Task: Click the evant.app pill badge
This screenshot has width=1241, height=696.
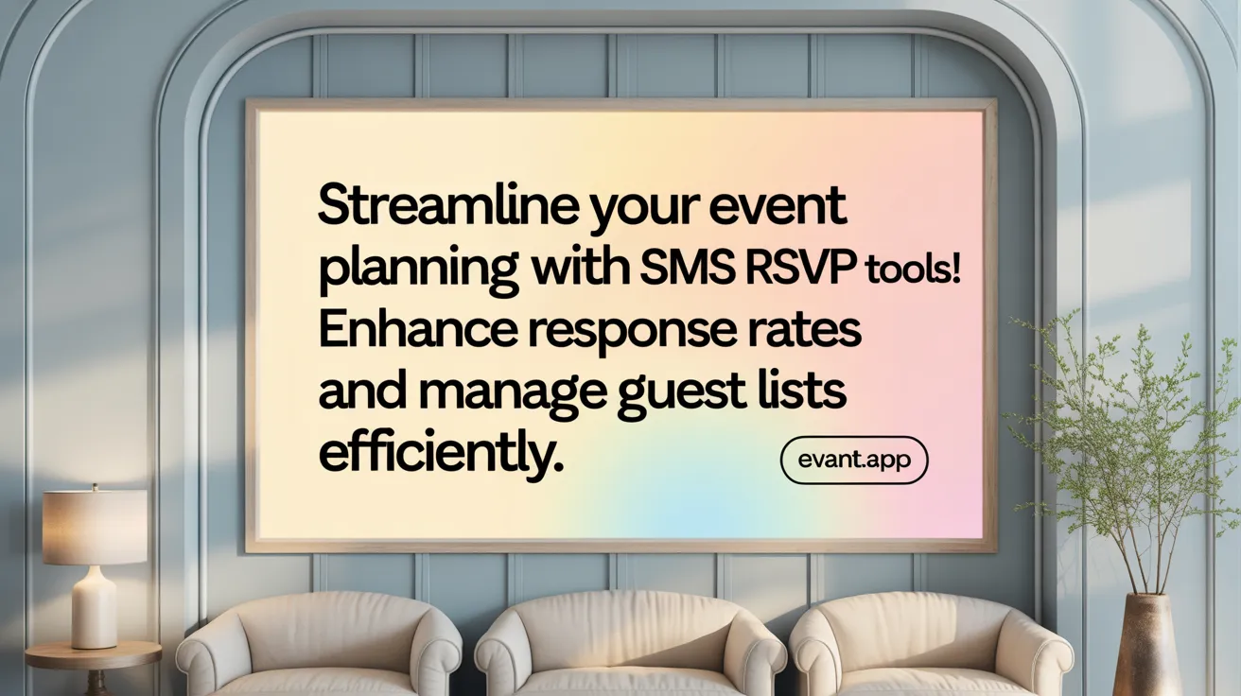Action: [x=854, y=461]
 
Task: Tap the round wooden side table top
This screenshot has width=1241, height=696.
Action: [x=94, y=653]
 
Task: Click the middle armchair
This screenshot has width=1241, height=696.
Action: [x=629, y=647]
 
